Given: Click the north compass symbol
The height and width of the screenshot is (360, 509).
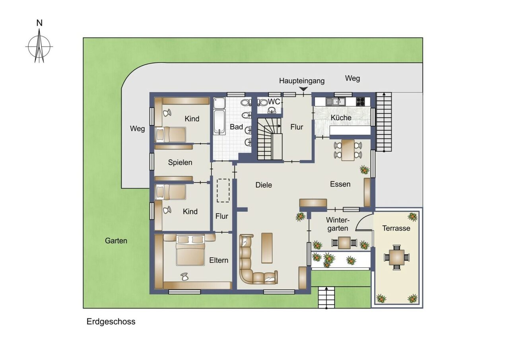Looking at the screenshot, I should click(x=39, y=47).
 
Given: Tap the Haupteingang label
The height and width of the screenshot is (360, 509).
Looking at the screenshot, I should click(x=301, y=81).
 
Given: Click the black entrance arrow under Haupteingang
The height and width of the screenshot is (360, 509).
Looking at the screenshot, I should click(x=303, y=90).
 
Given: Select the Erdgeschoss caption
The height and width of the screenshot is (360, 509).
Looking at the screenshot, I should click(x=111, y=322).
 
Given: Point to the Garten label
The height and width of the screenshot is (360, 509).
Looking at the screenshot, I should click(x=116, y=241).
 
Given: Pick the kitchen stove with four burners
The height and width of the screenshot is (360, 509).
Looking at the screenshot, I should click(x=360, y=101).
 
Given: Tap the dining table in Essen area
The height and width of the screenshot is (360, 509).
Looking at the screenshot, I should click(x=348, y=150).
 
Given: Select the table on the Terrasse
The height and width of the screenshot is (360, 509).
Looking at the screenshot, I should click(x=396, y=257).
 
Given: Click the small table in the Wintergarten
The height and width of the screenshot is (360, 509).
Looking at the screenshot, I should click(x=344, y=242).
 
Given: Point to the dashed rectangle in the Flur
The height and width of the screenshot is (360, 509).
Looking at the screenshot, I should click(x=223, y=191).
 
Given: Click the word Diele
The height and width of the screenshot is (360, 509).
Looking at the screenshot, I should click(x=264, y=185).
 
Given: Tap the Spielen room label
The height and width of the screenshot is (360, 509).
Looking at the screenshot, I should click(x=180, y=162).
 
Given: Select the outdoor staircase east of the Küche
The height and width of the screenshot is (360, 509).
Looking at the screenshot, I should click(x=384, y=122).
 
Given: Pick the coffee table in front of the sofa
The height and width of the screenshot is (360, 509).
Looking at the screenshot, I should click(x=267, y=248).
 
